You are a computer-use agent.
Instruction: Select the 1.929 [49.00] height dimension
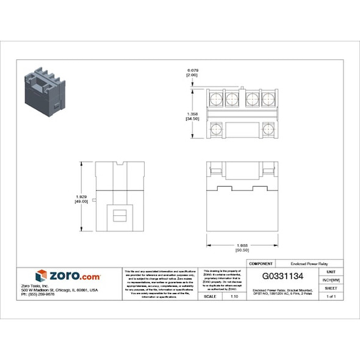81,198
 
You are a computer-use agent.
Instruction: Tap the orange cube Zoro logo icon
41,276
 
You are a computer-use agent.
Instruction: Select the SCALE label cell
209,296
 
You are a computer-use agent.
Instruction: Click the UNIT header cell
331,272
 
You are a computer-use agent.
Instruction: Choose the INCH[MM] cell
331,279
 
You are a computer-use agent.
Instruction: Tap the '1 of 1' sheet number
331,296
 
